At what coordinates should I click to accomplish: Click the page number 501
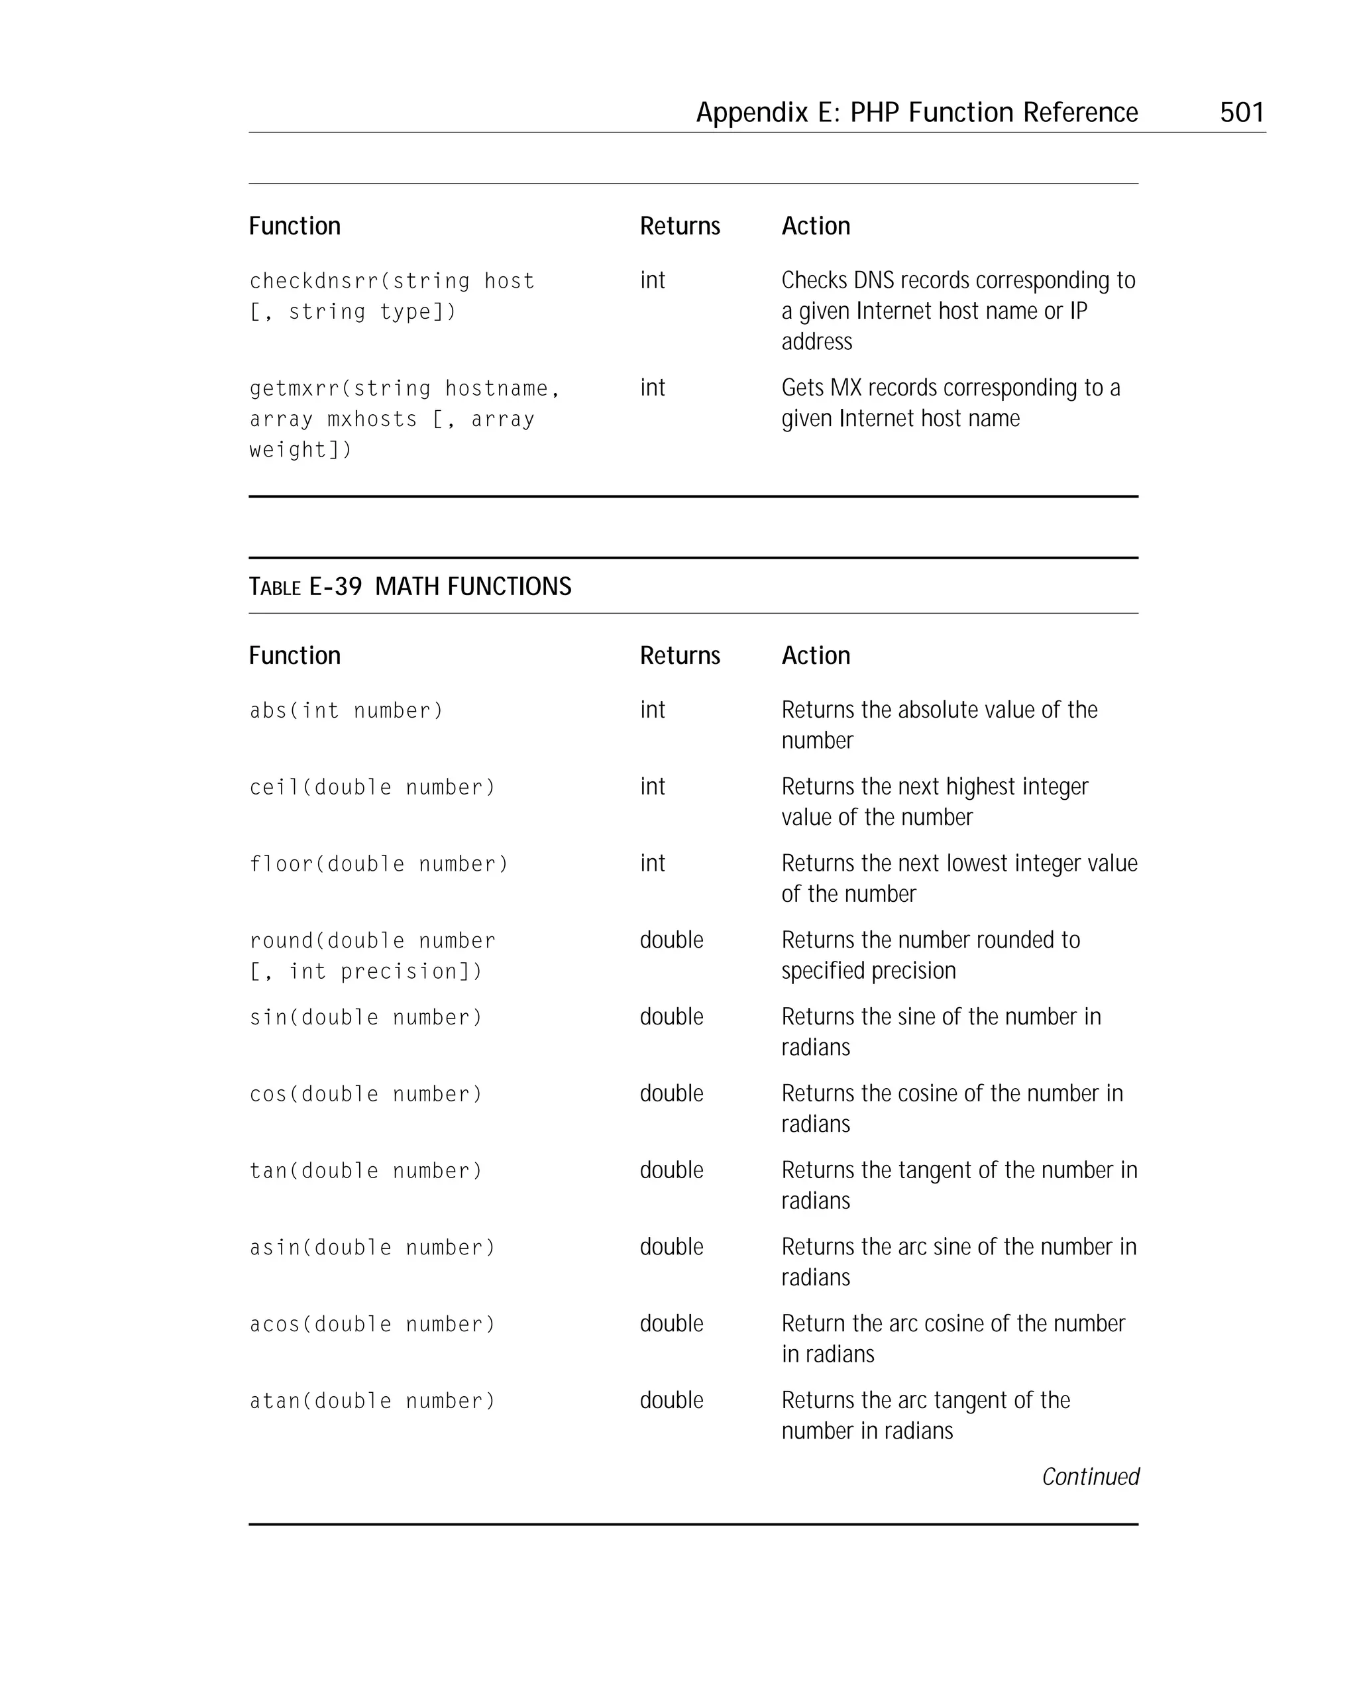tap(1241, 112)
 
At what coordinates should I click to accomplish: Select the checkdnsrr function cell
tap(392, 296)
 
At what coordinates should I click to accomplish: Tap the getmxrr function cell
tap(404, 418)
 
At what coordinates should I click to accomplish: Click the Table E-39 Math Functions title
tap(409, 586)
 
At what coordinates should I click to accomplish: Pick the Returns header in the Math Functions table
tap(679, 655)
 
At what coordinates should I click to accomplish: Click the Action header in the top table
tap(815, 227)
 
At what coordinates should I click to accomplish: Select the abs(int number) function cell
tap(347, 711)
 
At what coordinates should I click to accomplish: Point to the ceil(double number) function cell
tap(372, 787)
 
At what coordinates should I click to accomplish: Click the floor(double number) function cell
tap(379, 864)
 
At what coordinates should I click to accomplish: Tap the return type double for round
tap(671, 940)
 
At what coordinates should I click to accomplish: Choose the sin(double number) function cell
tap(365, 1017)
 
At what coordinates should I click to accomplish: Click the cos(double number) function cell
tap(365, 1093)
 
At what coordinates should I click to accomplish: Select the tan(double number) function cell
tap(365, 1170)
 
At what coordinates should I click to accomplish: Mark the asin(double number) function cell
tap(372, 1247)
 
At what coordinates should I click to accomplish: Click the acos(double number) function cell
tap(372, 1324)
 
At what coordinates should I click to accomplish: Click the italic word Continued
tap(1091, 1476)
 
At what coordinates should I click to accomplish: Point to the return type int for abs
tap(653, 710)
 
